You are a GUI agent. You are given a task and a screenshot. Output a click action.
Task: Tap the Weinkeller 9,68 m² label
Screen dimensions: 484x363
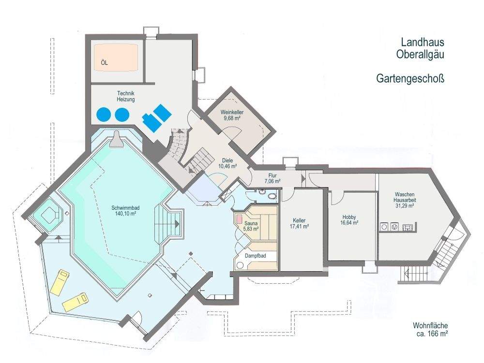pyautogui.click(x=232, y=115)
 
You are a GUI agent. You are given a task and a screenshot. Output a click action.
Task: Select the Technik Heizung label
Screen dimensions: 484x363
pyautogui.click(x=126, y=96)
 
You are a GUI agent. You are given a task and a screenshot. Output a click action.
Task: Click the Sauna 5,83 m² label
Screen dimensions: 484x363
pyautogui.click(x=251, y=226)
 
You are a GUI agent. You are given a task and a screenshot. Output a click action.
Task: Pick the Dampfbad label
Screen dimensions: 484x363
pyautogui.click(x=255, y=256)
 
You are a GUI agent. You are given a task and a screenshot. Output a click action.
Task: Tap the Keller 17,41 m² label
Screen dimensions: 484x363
pyautogui.click(x=300, y=223)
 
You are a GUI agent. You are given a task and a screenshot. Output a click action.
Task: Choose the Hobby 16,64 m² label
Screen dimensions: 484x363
pyautogui.click(x=349, y=220)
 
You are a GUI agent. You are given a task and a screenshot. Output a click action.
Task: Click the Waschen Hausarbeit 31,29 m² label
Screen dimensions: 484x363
pyautogui.click(x=404, y=200)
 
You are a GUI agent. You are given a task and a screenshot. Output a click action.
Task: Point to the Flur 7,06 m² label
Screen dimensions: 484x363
pyautogui.click(x=272, y=178)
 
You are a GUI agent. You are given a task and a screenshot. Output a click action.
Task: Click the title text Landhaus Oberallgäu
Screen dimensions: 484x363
pyautogui.click(x=422, y=48)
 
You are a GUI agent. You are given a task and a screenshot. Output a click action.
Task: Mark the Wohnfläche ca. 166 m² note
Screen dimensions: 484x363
pyautogui.click(x=430, y=330)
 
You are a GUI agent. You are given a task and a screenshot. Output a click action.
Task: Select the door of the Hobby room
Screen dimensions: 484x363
pyautogui.click(x=338, y=199)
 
